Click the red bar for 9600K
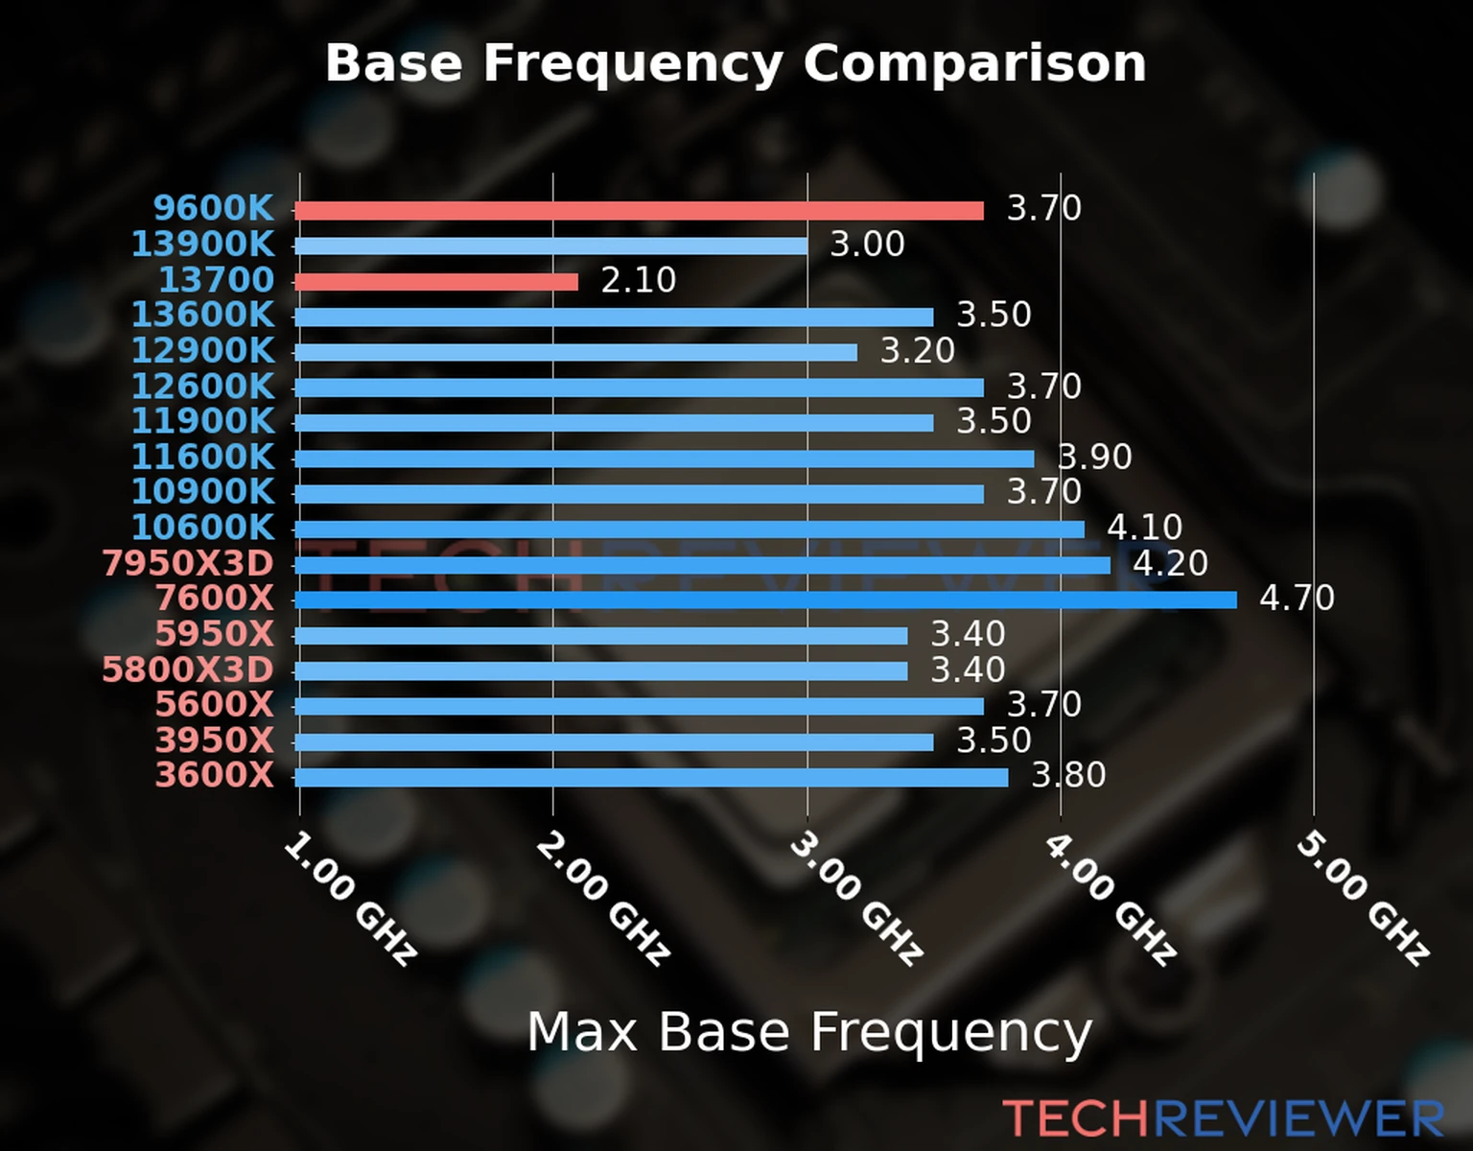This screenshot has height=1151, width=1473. point(639,211)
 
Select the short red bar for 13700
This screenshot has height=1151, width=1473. point(436,282)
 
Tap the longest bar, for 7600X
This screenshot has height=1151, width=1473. point(765,600)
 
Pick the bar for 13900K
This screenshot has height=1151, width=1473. point(550,247)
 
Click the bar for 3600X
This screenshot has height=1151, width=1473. point(651,777)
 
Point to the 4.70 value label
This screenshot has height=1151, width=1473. point(1297,599)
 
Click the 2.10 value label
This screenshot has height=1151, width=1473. point(639,280)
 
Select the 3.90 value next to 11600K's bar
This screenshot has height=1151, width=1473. point(1095,457)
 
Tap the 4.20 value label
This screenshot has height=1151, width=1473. point(1170,563)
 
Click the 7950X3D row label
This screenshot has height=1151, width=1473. point(188,564)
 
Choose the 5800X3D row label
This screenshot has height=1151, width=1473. point(188,669)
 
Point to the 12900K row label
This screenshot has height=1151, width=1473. point(202,351)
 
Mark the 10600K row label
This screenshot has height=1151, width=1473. point(202,528)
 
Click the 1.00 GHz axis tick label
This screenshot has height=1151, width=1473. point(351,899)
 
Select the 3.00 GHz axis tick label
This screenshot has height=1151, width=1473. point(856,899)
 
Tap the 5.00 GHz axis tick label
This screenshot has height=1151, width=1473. point(1363,899)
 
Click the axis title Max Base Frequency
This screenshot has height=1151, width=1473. point(809,1032)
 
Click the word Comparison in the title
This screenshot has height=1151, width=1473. point(974,63)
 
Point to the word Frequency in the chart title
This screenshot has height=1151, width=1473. point(633,65)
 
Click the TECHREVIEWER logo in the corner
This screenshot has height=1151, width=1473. point(1223,1119)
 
